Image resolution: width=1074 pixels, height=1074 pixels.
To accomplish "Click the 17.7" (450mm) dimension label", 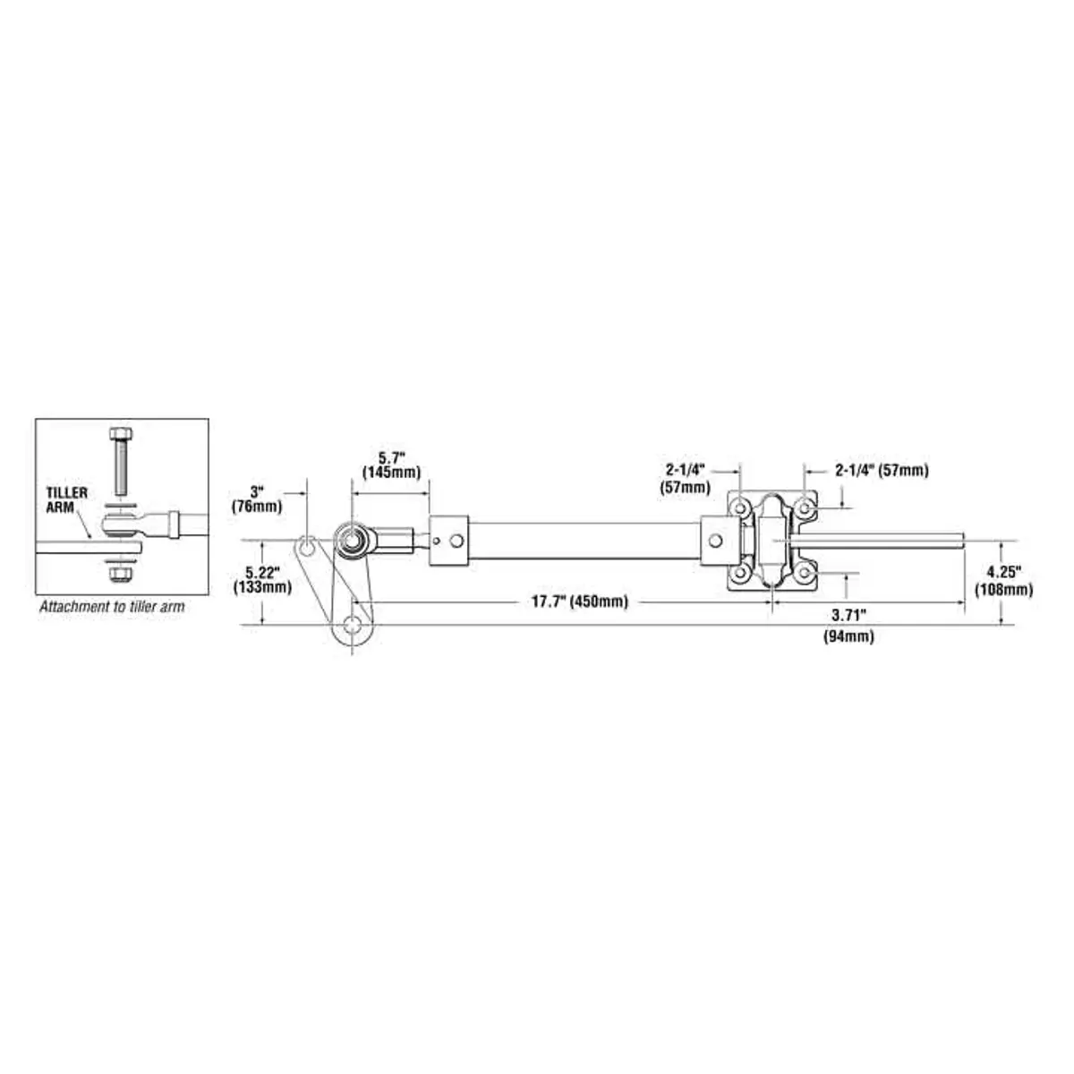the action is [580, 602].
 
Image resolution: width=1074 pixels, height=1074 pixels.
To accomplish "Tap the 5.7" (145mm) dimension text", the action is [391, 465].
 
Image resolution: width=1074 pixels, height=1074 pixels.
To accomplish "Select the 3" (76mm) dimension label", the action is [257, 499].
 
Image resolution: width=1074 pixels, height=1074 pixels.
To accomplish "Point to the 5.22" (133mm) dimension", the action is [262, 580].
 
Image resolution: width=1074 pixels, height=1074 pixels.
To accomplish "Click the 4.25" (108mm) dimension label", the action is [1003, 582].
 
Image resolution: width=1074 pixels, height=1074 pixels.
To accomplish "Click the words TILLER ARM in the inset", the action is [66, 500].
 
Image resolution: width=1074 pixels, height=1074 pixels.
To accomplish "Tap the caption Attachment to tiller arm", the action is [112, 607].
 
